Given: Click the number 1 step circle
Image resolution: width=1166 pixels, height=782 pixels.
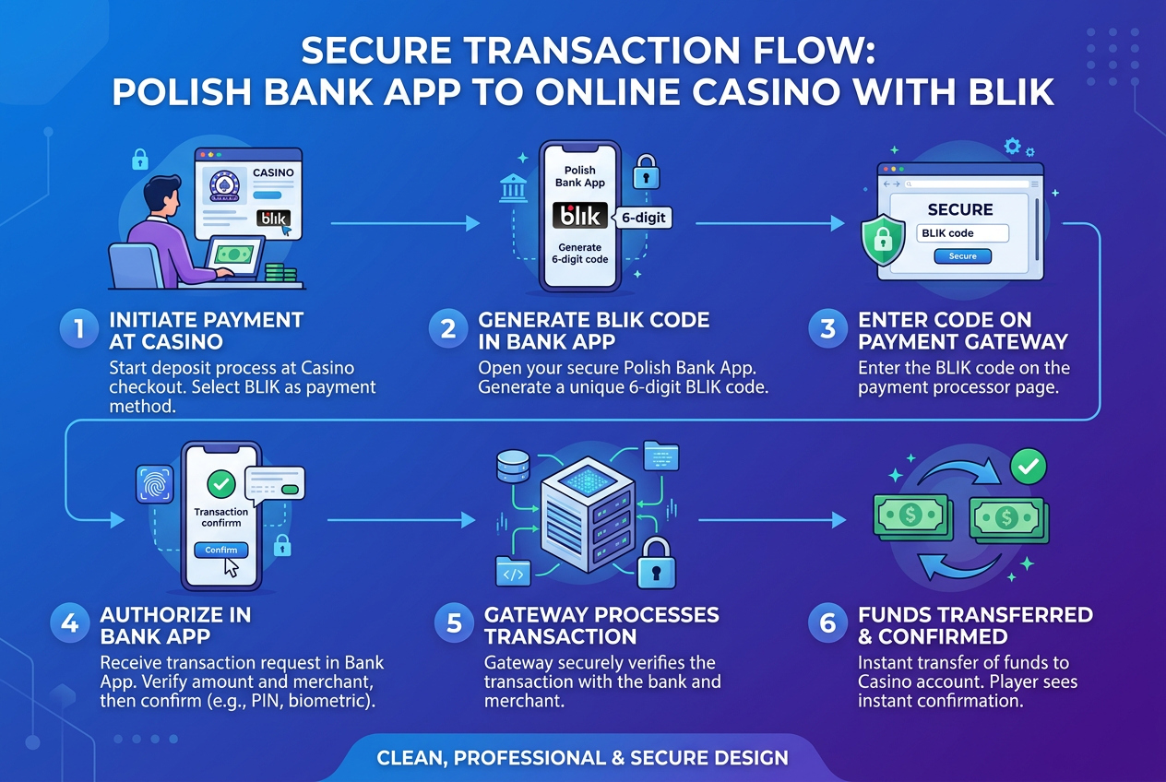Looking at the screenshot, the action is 79,329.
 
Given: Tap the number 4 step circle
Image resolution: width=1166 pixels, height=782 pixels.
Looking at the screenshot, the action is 70,623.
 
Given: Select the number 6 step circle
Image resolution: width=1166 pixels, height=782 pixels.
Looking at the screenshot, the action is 827,623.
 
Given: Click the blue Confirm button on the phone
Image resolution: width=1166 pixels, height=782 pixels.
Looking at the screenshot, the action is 221,550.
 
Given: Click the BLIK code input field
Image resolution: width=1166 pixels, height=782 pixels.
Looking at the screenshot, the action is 962,233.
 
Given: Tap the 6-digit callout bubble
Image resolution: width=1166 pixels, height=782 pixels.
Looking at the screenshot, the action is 643,218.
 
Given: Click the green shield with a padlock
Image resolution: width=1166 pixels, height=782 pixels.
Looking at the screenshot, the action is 882,240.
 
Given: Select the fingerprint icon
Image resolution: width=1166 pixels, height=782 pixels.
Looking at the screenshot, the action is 155,484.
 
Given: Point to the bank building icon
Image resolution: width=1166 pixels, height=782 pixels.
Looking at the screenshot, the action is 513,188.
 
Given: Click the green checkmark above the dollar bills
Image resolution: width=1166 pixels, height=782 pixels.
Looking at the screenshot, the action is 1028,467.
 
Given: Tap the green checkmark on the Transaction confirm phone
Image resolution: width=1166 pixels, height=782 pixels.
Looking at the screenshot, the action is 221,484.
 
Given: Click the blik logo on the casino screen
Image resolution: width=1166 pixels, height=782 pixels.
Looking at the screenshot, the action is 273,219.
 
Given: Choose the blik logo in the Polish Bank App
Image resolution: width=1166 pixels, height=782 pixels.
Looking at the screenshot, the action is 580,216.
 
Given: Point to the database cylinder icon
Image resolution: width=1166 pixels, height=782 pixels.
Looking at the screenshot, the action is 513,467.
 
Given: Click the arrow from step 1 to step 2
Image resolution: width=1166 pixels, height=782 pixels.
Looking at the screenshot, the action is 405,223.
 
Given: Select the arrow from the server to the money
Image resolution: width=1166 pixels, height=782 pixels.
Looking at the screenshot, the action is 772,520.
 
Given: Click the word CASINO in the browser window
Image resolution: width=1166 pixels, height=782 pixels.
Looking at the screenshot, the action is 273,172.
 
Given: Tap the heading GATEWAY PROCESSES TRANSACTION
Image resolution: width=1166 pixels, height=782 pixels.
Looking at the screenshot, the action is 601,625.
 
